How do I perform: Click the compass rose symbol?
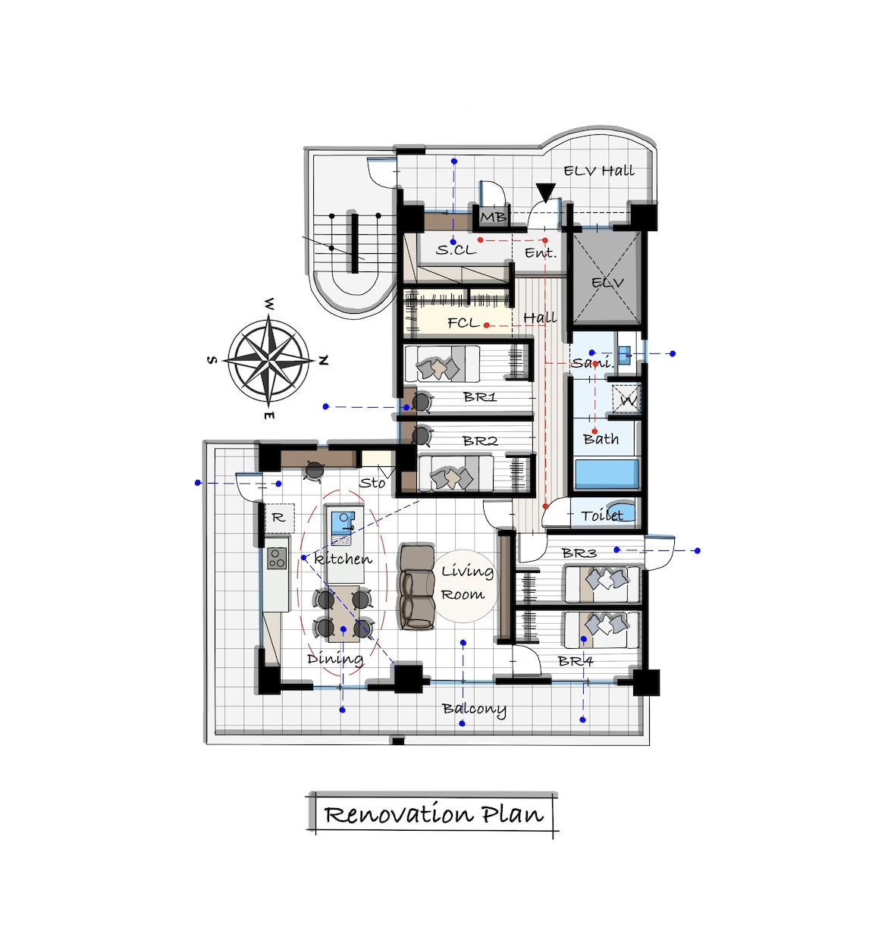(x=268, y=361)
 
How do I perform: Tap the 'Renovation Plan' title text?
(x=434, y=813)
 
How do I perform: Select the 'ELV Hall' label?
(x=599, y=171)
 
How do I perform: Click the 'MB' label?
(x=493, y=217)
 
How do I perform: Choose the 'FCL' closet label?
(x=463, y=323)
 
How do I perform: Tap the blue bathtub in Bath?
(x=607, y=474)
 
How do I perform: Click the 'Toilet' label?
(x=602, y=515)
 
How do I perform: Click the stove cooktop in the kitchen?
(x=277, y=558)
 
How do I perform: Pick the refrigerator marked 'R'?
(x=279, y=518)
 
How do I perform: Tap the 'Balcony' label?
(x=474, y=709)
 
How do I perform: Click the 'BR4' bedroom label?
(x=576, y=661)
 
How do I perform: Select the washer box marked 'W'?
(x=626, y=399)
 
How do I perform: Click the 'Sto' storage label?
(x=372, y=483)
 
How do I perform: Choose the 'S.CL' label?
(x=456, y=249)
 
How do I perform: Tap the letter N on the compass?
(x=323, y=361)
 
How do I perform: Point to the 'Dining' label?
(x=335, y=660)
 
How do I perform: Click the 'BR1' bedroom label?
(x=480, y=396)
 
